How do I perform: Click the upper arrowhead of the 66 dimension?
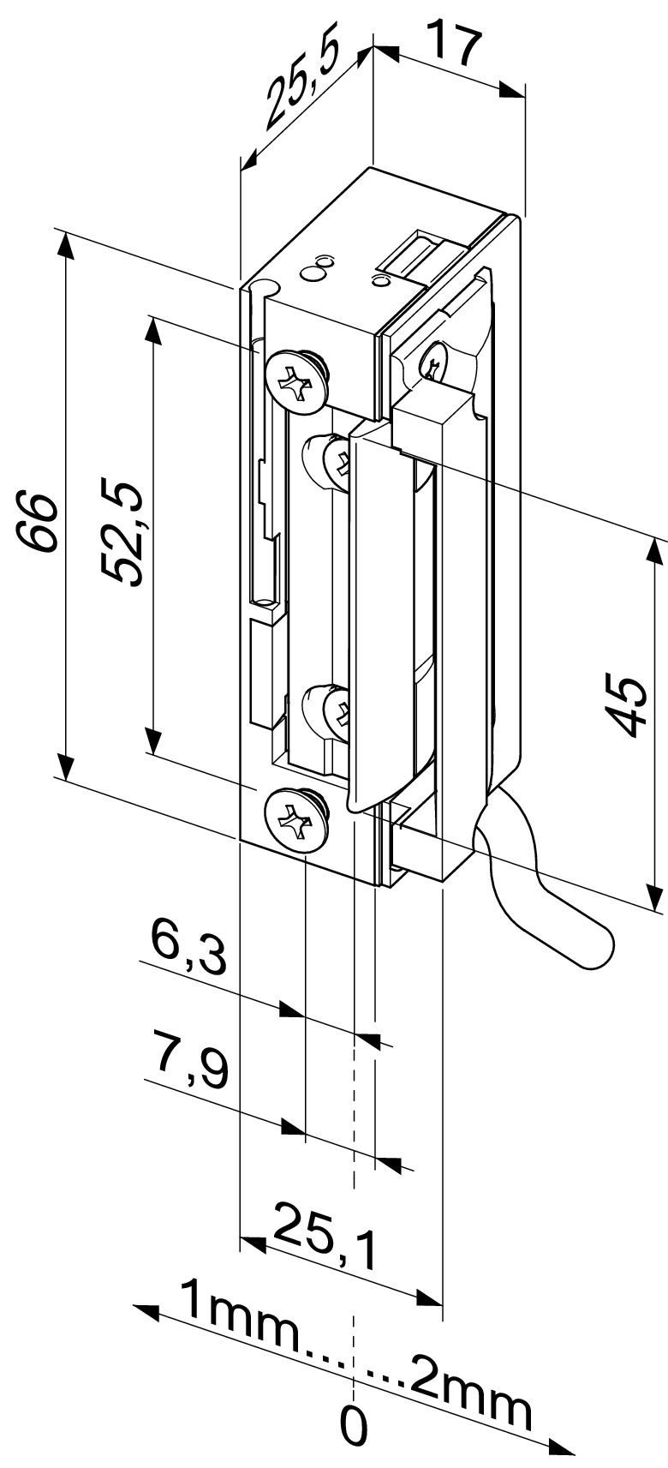click(x=65, y=245)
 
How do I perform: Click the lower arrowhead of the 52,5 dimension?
click(x=152, y=740)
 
